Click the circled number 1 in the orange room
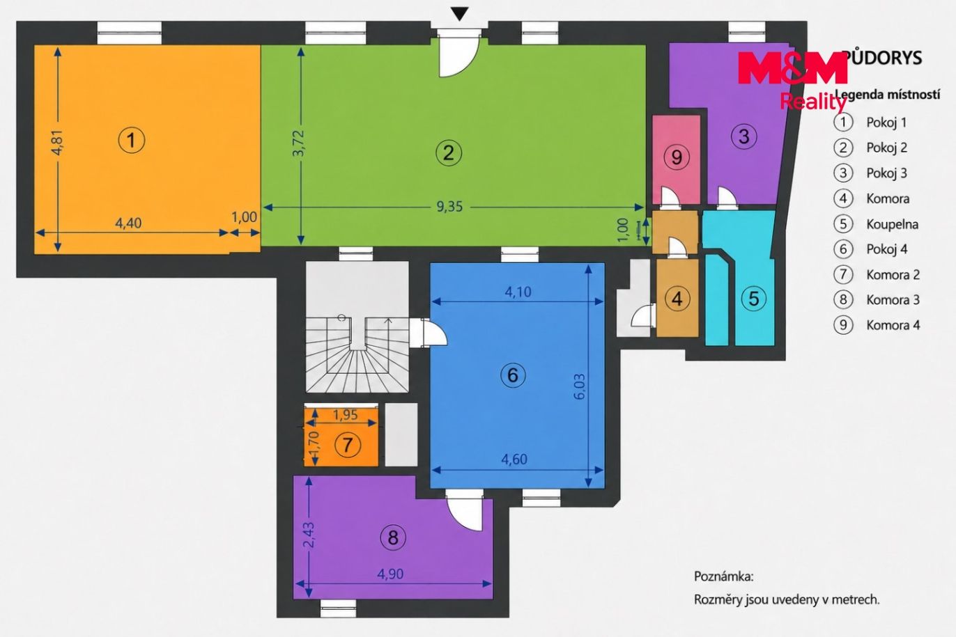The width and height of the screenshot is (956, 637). (x=132, y=140)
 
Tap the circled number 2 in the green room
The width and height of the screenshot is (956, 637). (x=449, y=152)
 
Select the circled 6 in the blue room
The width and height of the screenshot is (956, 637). (x=513, y=375)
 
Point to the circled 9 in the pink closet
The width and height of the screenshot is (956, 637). (x=677, y=157)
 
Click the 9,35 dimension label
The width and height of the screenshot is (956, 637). (x=449, y=207)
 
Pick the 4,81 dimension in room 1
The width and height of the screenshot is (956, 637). (x=58, y=142)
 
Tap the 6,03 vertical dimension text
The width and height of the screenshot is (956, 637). (x=580, y=386)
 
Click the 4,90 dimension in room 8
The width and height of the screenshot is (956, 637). (x=390, y=574)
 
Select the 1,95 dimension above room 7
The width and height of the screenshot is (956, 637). (x=346, y=414)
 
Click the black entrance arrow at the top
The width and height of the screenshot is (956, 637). (x=460, y=14)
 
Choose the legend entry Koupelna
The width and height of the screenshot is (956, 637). (x=892, y=224)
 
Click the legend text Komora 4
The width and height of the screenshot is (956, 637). (x=893, y=325)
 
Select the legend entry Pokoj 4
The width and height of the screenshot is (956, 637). (x=886, y=249)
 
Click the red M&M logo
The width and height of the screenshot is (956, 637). (x=792, y=68)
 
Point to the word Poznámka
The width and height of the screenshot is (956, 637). (x=724, y=576)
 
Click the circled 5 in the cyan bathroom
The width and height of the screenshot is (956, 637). (x=754, y=299)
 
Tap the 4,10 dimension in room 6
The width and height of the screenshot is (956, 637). (x=518, y=292)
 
